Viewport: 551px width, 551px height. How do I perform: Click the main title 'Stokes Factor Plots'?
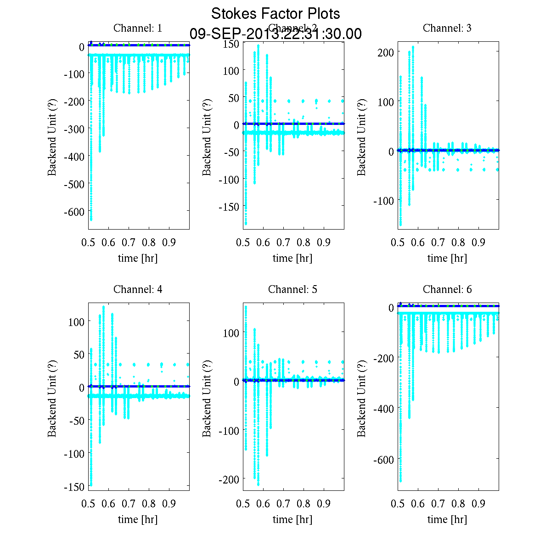pyautogui.click(x=275, y=14)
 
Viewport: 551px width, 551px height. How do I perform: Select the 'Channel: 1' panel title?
pyautogui.click(x=138, y=28)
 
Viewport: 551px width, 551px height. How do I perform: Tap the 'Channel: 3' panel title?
pyautogui.click(x=447, y=28)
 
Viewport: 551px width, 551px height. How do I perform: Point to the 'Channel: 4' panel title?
pyautogui.click(x=138, y=289)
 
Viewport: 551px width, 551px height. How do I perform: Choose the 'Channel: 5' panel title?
pyautogui.click(x=292, y=289)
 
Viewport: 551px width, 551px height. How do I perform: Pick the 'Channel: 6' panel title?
pyautogui.click(x=447, y=289)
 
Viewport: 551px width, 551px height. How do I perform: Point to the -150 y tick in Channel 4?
pyautogui.click(x=75, y=486)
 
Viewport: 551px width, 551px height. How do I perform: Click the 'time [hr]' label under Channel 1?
pyautogui.click(x=138, y=258)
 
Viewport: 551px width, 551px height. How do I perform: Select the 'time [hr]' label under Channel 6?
pyautogui.click(x=447, y=519)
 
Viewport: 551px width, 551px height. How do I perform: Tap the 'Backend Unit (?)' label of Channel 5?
pyautogui.click(x=207, y=398)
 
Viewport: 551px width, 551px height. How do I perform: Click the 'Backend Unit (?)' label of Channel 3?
pyautogui.click(x=362, y=137)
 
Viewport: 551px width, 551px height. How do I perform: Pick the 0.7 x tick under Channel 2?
pyautogui.click(x=283, y=242)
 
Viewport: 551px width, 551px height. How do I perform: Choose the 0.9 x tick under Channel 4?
pyautogui.click(x=169, y=504)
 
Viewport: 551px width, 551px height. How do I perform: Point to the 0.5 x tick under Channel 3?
pyautogui.click(x=398, y=242)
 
